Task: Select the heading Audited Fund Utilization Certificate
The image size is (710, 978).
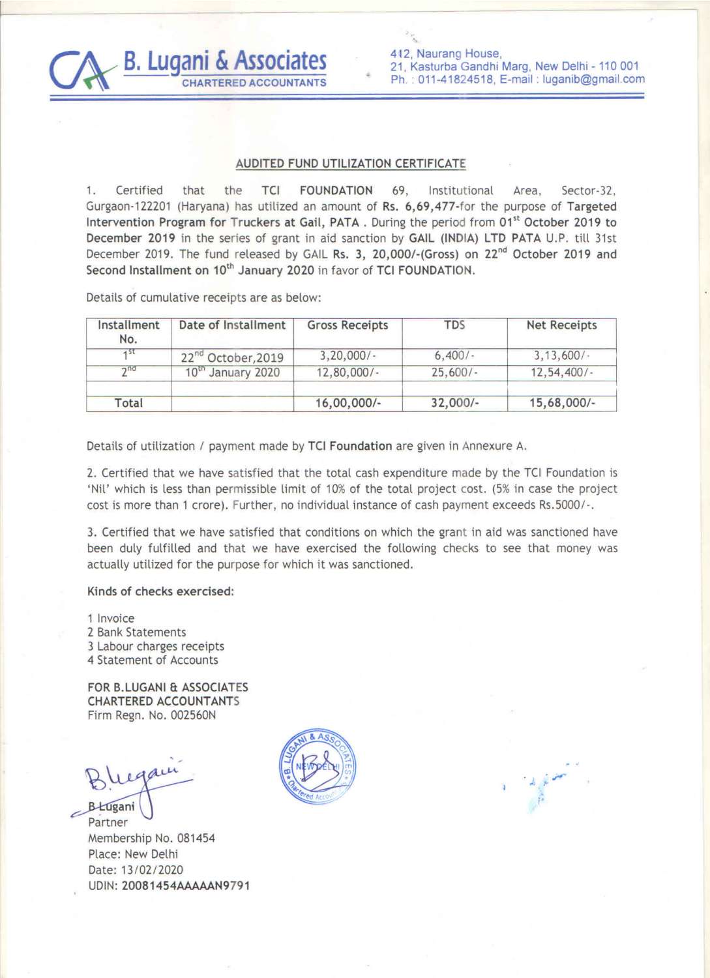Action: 351,164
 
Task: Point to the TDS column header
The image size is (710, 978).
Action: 454,325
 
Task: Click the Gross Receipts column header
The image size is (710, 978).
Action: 348,325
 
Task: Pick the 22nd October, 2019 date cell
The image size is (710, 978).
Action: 232,357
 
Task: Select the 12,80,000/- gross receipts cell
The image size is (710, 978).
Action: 348,372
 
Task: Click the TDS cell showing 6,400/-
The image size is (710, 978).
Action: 454,356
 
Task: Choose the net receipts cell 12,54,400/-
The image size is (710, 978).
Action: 561,372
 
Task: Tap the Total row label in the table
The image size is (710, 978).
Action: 128,403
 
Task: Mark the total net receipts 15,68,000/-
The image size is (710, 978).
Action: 561,403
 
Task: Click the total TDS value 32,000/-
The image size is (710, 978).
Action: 454,403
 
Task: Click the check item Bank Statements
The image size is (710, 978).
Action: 141,632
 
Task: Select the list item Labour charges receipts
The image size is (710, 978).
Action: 160,646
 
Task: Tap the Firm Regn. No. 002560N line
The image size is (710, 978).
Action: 151,715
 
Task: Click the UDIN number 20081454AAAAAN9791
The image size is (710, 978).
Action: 186,885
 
